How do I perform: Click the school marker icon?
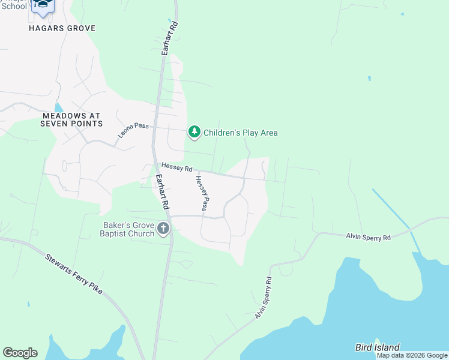[x=42, y=5]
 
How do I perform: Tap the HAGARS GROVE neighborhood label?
[x=62, y=28]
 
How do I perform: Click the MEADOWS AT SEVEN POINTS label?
[x=71, y=119]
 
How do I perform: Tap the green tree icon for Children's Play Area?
[x=194, y=131]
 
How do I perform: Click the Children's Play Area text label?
[x=240, y=133]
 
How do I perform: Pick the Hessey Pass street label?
[x=201, y=194]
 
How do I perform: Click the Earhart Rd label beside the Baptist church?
[x=163, y=191]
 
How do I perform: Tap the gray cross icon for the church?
[x=163, y=228]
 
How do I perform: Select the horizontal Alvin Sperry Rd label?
[x=368, y=238]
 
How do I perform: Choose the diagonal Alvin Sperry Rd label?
[x=264, y=298]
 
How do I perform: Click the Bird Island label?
[x=376, y=347]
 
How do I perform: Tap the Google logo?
[x=20, y=353]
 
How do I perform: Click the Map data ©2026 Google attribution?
[x=412, y=356]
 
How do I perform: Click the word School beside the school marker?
[x=13, y=6]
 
